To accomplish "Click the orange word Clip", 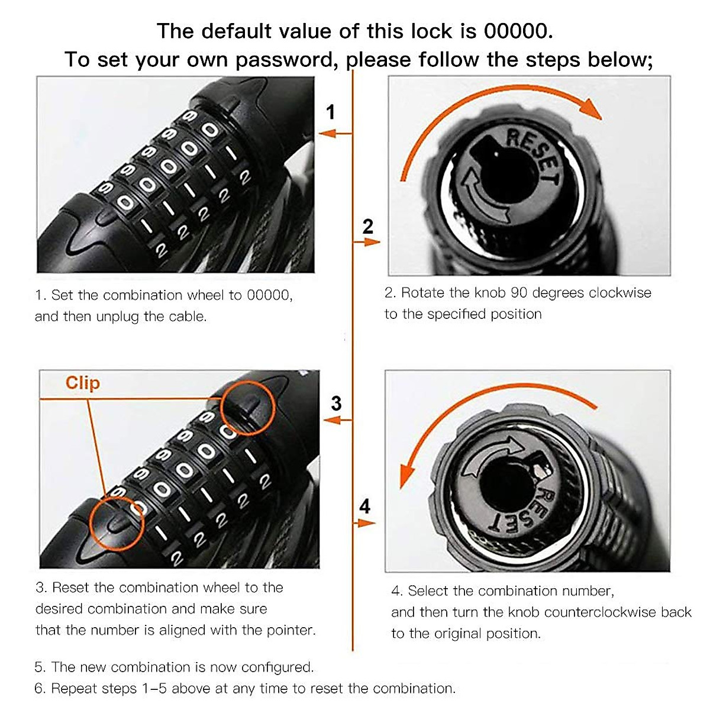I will [x=82, y=383].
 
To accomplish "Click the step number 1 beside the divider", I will [x=331, y=112].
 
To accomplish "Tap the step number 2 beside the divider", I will [x=368, y=226].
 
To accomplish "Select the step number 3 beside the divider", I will [x=336, y=404].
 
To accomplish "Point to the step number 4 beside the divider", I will [x=365, y=506].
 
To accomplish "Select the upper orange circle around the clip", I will [x=247, y=408].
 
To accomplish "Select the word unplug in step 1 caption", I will [x=118, y=317].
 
